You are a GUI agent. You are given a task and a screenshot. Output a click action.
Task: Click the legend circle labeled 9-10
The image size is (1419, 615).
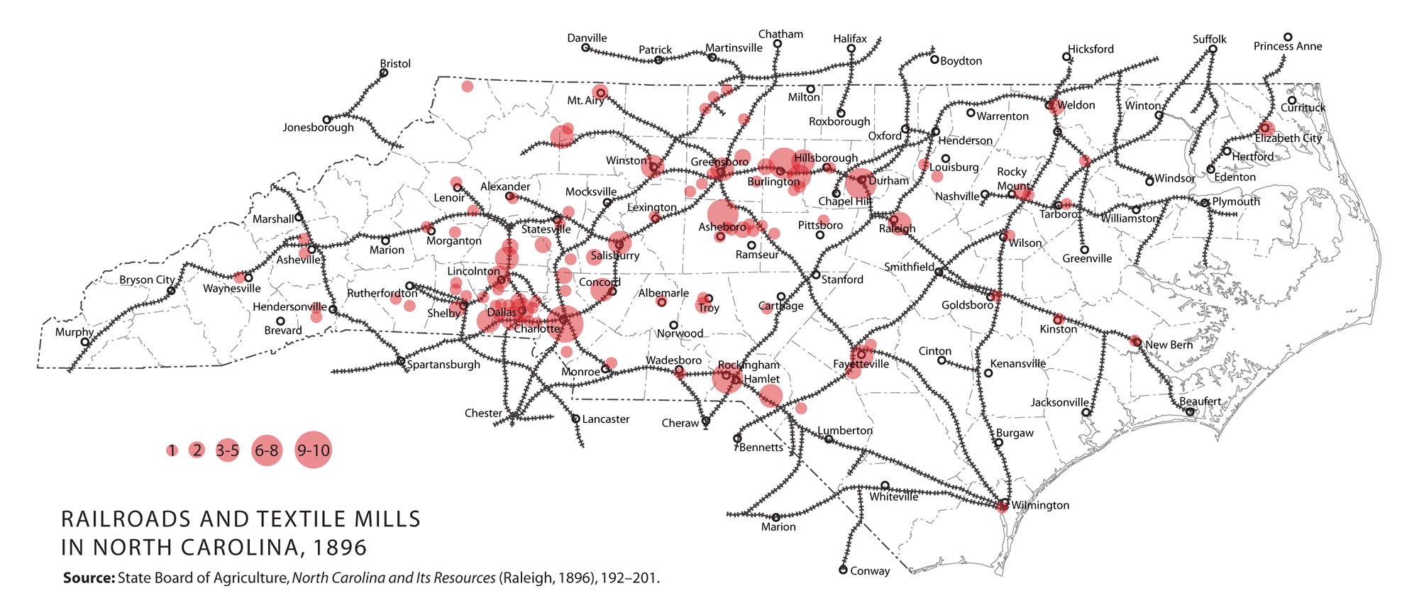point(313,450)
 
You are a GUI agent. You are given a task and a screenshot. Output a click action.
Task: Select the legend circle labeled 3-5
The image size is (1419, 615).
point(228,450)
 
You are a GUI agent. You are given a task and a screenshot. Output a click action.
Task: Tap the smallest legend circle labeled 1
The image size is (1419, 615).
point(172,450)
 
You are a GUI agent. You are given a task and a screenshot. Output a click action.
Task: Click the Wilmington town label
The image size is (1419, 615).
point(1040,505)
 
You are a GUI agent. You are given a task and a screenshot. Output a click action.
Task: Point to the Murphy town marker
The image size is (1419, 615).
point(85,343)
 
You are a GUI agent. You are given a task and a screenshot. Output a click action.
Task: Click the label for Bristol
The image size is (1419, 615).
point(395,64)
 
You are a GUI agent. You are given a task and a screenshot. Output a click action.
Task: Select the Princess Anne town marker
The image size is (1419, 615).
point(1288,37)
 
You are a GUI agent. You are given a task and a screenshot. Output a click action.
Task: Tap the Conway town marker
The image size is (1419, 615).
point(843,570)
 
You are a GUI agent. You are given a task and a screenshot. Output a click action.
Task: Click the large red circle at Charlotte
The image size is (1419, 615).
point(565,324)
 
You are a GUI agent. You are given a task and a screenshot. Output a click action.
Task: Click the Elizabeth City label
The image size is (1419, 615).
point(1288,138)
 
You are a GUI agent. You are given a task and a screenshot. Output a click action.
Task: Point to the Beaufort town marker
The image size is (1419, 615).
point(1190,412)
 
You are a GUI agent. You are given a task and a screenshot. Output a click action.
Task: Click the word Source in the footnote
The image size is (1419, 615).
point(89,577)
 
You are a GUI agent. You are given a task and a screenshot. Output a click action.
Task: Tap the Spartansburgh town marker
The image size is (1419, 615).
point(401,361)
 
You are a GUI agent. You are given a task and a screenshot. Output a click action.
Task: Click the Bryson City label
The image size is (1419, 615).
point(146,279)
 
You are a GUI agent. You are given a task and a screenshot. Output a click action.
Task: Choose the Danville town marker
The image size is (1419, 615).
point(585,48)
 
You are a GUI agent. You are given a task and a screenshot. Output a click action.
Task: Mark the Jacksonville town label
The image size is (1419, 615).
point(1059,402)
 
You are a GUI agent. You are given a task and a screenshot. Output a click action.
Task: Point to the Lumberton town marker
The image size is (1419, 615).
point(828,440)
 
